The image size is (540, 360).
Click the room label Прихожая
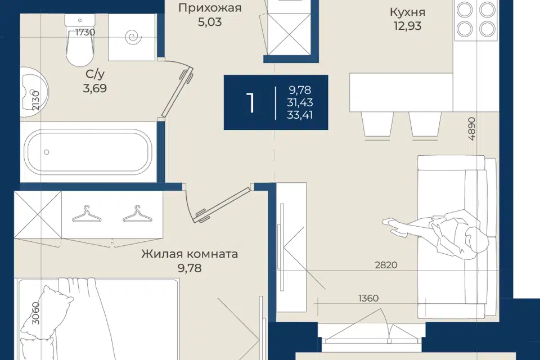tap(209, 7)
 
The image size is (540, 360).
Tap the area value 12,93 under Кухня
tap(407, 26)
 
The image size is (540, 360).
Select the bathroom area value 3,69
tap(94, 88)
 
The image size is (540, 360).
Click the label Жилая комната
tap(190, 254)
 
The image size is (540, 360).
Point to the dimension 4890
tap(471, 129)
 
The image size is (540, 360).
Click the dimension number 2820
tap(386, 265)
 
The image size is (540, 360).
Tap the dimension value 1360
tap(368, 298)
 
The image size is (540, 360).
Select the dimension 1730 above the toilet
tap(85, 33)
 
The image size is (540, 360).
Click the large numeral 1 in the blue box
tap(250, 103)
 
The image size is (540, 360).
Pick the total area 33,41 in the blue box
tap(300, 115)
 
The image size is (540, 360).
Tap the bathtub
tap(88, 151)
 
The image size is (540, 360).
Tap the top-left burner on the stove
tap(465, 10)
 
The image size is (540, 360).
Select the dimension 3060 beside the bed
tap(35, 313)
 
